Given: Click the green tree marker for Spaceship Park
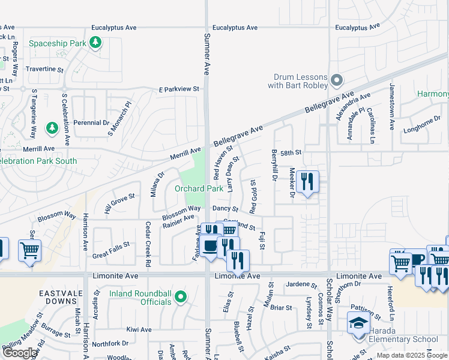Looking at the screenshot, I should [95, 42].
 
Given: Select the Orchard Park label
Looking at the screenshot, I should [199, 188].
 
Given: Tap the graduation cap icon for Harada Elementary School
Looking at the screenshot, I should [358, 323].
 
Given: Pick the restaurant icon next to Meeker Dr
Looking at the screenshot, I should [307, 181].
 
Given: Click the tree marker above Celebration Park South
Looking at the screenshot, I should [52, 128].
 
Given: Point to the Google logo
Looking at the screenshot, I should [20, 353].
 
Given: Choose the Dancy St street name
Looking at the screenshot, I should [226, 208].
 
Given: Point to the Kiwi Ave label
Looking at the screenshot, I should [139, 329].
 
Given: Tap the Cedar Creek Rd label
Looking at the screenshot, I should [148, 243].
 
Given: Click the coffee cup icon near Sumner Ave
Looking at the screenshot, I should [210, 247].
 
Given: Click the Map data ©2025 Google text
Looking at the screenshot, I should [412, 355].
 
